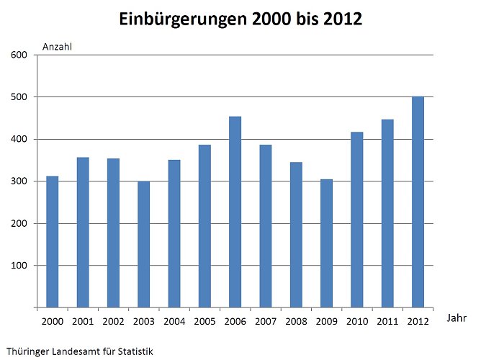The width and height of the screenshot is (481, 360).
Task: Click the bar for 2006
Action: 235,212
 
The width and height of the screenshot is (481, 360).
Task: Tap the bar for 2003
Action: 143,244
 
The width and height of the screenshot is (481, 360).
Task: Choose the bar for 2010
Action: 357,220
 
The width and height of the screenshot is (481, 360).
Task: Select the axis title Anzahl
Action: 58,48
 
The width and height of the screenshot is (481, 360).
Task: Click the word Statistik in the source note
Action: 134,351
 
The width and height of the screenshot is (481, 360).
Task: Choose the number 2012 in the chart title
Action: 339,20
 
